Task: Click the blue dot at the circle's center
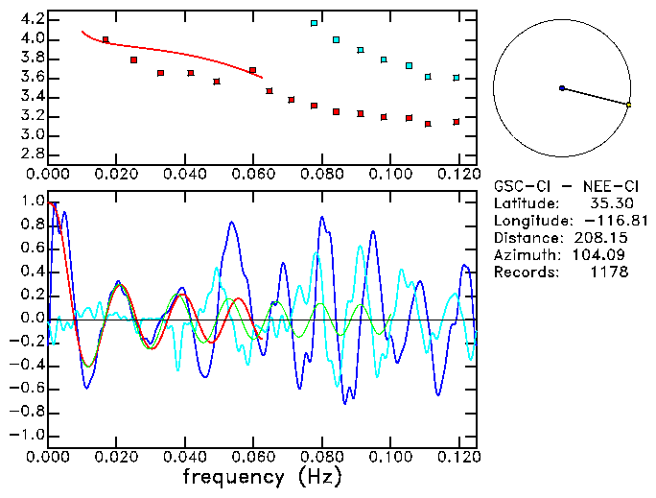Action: pyautogui.click(x=562, y=88)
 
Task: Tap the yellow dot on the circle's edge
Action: pyautogui.click(x=628, y=104)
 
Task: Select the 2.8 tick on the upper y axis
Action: pyautogui.click(x=33, y=154)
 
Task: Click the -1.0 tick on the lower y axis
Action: pyautogui.click(x=28, y=435)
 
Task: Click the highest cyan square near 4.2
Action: pyautogui.click(x=314, y=23)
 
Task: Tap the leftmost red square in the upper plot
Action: pyautogui.click(x=105, y=40)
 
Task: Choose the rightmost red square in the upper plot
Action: pyautogui.click(x=457, y=122)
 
